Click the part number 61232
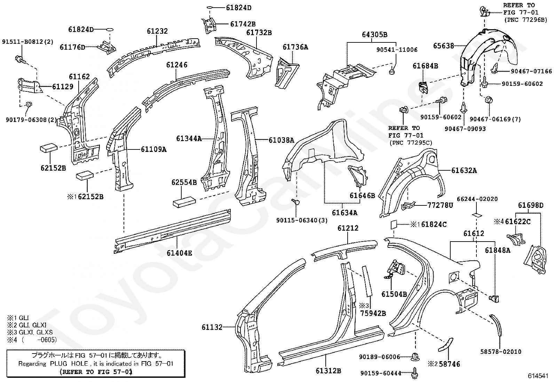[x=157, y=31]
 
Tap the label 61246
[x=176, y=65]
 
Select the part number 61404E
[x=179, y=253]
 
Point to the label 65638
[x=443, y=46]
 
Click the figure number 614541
[x=538, y=376]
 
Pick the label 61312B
[x=329, y=371]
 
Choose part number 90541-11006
[x=397, y=50]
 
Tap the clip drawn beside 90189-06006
[x=415, y=357]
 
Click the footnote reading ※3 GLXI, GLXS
[x=30, y=332]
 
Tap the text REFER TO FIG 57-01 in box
[x=96, y=372]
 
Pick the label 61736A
[x=295, y=47]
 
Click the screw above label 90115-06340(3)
[x=295, y=202]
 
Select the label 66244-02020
[x=477, y=199]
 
